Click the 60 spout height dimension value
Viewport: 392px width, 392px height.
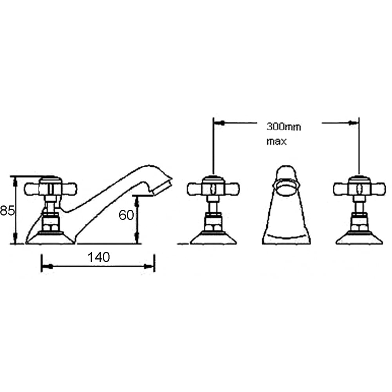pyautogui.click(x=126, y=215)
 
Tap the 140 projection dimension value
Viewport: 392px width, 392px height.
pyautogui.click(x=98, y=258)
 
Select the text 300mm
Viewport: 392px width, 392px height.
pyautogui.click(x=284, y=127)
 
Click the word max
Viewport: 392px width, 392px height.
pyautogui.click(x=276, y=141)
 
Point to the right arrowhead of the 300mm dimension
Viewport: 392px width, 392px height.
pyautogui.click(x=352, y=123)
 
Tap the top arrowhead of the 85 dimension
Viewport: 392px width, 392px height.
pyautogui.click(x=15, y=181)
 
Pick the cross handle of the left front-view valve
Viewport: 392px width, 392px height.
pyautogui.click(x=213, y=189)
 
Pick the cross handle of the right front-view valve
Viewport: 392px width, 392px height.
pyautogui.click(x=359, y=189)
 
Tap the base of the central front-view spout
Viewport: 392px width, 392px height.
pyautogui.click(x=286, y=237)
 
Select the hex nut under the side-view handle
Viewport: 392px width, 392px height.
pyautogui.click(x=51, y=227)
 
